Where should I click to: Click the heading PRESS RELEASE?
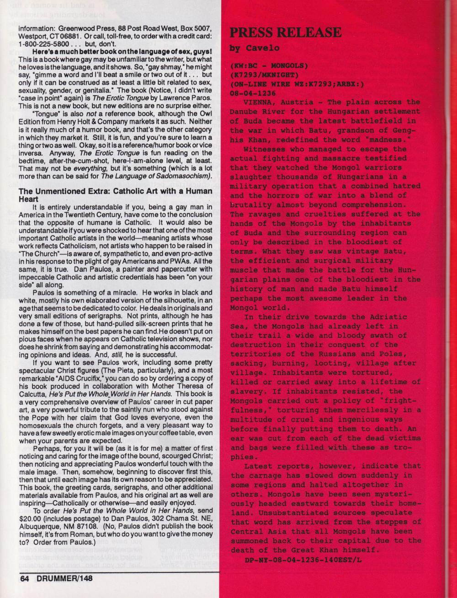pyautogui.click(x=285, y=33)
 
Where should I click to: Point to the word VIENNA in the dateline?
pyautogui.click(x=259, y=102)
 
